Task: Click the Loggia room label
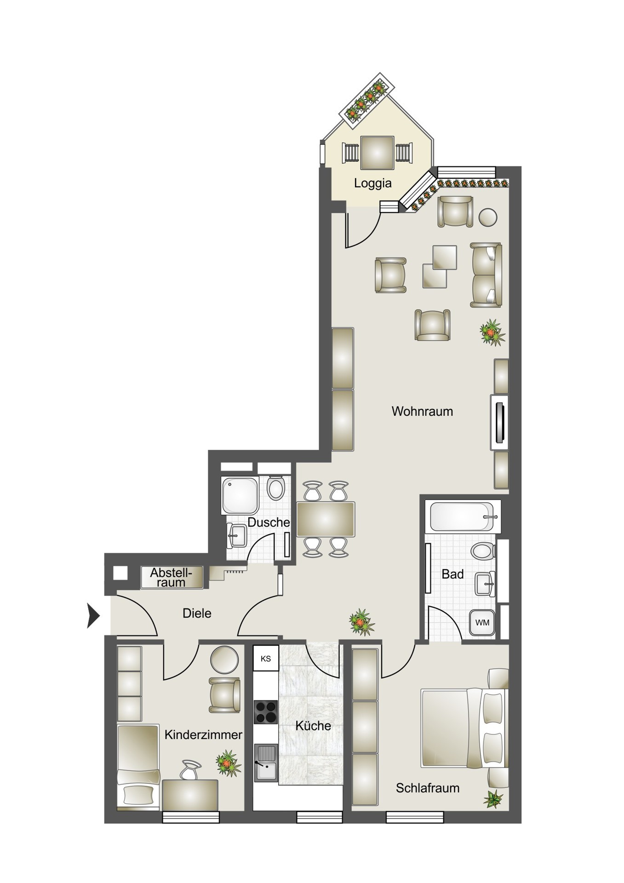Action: click(x=372, y=183)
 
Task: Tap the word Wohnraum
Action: click(x=422, y=411)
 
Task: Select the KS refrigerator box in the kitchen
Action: click(x=265, y=659)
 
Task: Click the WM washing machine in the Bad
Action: click(x=482, y=623)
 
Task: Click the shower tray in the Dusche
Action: click(x=240, y=495)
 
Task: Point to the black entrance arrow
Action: click(x=94, y=615)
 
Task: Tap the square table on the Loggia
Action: click(x=377, y=153)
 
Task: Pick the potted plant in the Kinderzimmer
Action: click(x=229, y=764)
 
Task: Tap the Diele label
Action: click(x=197, y=613)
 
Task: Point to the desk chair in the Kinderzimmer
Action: click(x=191, y=769)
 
